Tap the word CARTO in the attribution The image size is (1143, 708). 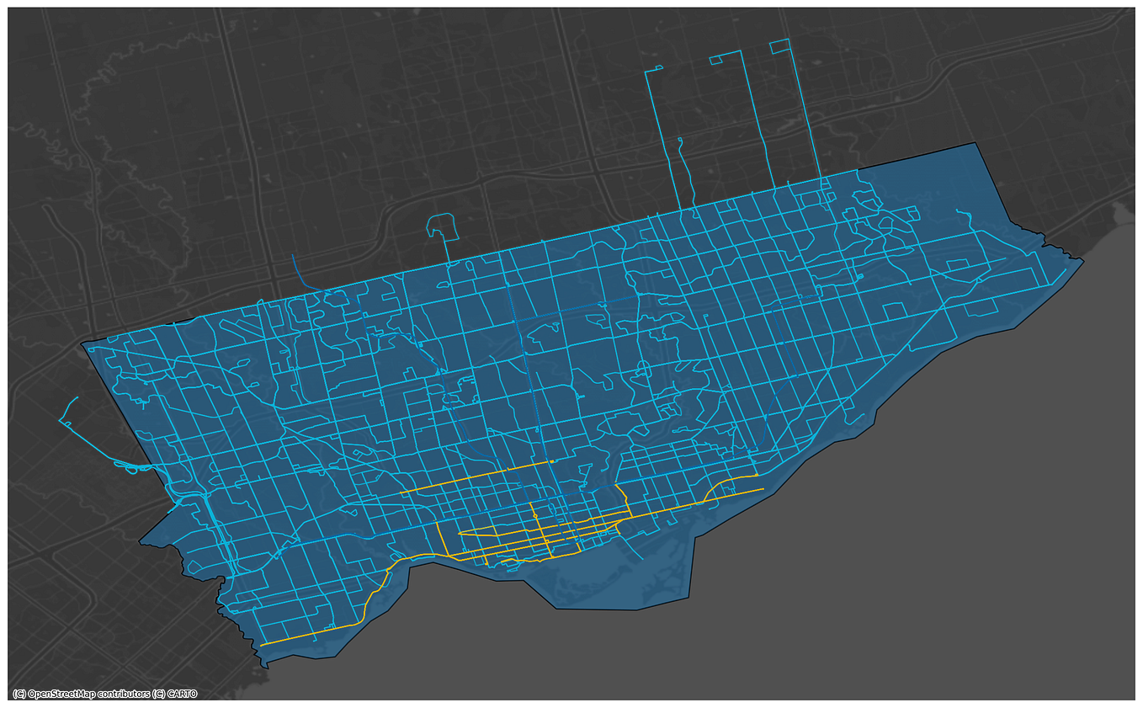182,695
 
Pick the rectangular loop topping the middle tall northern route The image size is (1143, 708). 717,59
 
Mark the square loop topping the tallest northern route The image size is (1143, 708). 779,46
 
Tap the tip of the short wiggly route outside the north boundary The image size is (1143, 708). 680,141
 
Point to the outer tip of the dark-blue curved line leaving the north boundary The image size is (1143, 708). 293,255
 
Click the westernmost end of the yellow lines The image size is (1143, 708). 262,645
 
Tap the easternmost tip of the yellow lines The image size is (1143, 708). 763,489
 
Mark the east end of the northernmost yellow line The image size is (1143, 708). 551,461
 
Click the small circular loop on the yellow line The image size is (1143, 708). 534,515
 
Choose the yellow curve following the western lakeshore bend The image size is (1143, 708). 376,594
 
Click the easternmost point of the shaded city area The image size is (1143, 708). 1082,261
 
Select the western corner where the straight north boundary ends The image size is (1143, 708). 84,343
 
